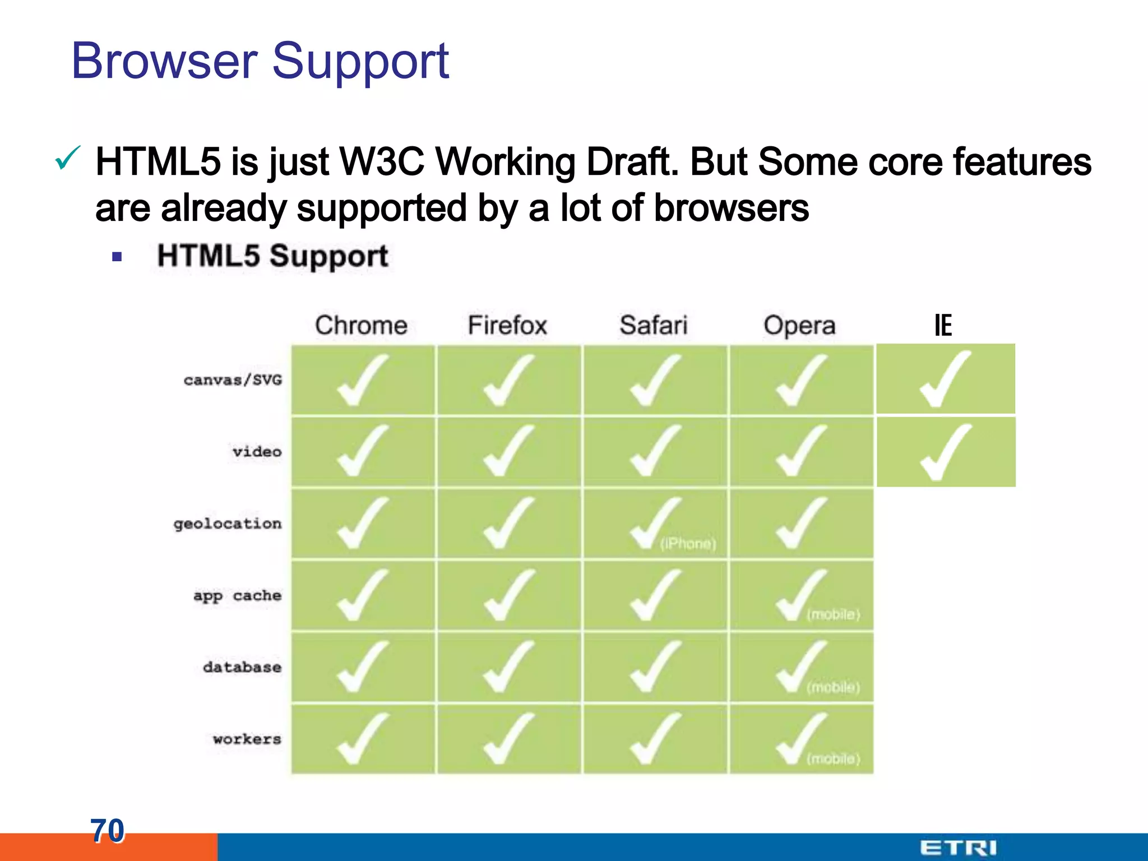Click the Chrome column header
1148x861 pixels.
coord(361,325)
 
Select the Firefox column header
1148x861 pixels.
coord(507,325)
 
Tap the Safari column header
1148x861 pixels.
coord(653,325)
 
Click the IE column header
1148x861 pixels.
coord(943,325)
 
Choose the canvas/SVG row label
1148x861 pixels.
coord(233,380)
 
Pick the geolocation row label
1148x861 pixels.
coord(227,524)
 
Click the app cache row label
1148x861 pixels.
coord(237,596)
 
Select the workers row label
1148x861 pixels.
coord(247,739)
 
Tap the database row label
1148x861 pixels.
coord(242,667)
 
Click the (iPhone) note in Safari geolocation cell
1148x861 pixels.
coord(688,544)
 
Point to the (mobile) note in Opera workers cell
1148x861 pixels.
coord(833,759)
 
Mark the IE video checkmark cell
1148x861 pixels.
coord(946,452)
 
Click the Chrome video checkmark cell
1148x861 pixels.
coord(363,452)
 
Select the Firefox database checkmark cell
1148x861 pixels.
coord(508,667)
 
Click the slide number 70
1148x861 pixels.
coord(107,830)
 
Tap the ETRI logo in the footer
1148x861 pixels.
coord(958,848)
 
